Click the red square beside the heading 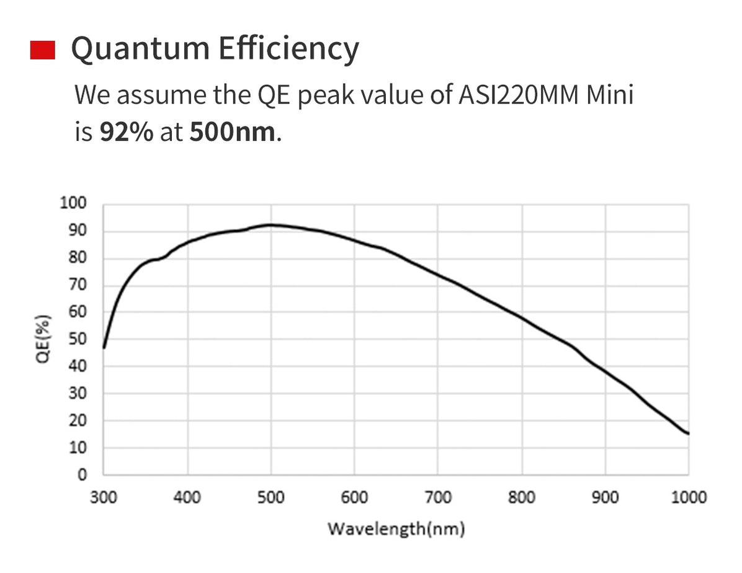click(43, 50)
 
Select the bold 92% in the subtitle click(126, 132)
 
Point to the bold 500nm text click(232, 132)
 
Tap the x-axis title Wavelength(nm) click(396, 529)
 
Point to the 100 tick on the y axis click(74, 203)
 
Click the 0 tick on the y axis click(81, 475)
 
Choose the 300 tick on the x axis click(103, 497)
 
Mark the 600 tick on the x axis click(354, 497)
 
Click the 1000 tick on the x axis click(689, 497)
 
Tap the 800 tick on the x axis click(522, 497)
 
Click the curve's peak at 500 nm click(270, 224)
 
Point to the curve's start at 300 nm click(104, 347)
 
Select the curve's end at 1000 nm click(688, 433)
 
